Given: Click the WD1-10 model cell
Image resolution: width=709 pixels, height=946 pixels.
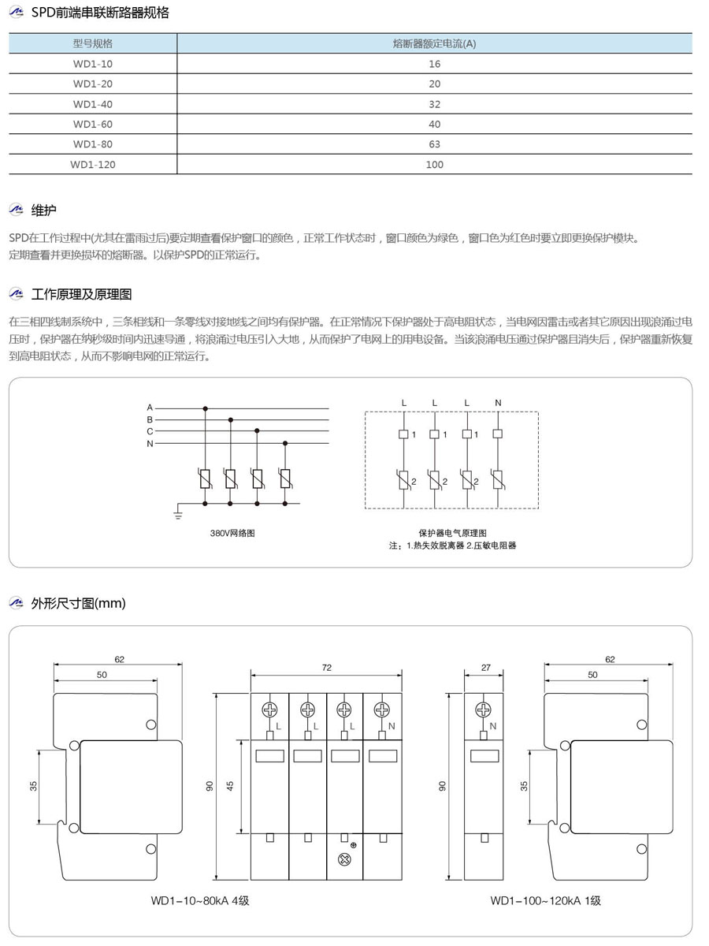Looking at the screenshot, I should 92,64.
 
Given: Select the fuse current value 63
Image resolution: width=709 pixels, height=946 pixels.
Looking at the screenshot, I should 435,144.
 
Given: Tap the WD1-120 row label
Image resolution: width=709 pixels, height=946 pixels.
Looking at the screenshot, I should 92,164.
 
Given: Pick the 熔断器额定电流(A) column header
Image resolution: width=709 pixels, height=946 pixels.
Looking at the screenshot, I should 434,43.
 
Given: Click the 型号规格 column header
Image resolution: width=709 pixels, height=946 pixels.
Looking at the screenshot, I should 92,43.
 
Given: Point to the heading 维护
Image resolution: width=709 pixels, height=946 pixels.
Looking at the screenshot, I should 43,210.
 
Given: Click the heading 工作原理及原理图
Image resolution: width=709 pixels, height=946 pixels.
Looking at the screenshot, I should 81,294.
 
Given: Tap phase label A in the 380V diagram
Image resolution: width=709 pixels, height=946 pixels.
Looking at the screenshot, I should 150,407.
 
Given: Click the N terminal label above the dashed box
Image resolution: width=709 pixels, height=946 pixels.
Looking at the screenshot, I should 498,403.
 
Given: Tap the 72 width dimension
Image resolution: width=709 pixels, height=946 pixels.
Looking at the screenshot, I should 326,667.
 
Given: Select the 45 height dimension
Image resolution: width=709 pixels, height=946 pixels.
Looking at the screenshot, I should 231,786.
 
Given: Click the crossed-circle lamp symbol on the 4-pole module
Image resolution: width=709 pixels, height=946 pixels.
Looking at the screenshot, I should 344,858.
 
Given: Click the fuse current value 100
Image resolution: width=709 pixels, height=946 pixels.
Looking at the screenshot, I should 435,164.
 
